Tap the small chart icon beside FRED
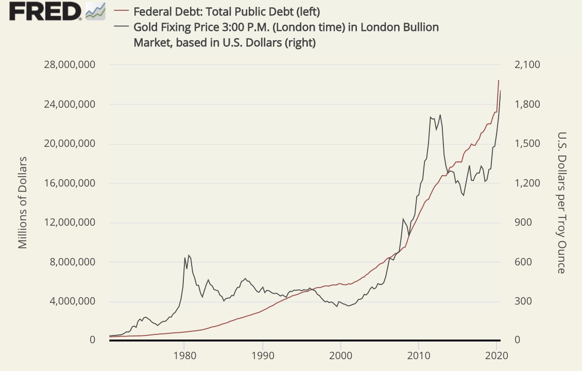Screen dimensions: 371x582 pos(95,11)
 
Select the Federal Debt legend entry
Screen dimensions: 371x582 pos(227,11)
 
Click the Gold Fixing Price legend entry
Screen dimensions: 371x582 pos(286,27)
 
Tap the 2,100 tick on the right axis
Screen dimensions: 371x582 pos(527,65)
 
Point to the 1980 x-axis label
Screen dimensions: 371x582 pos(184,355)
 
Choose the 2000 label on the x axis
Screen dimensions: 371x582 pos(340,355)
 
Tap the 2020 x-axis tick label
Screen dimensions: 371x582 pos(497,355)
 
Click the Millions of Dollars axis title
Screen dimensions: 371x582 pos(23,202)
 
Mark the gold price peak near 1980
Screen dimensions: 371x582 pos(189,255)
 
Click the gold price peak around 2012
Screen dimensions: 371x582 pos(440,115)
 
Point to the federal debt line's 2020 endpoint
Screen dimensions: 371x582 pos(499,80)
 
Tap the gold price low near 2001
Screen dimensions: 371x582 pos(349,306)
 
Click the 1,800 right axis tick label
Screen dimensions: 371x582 pos(527,104)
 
